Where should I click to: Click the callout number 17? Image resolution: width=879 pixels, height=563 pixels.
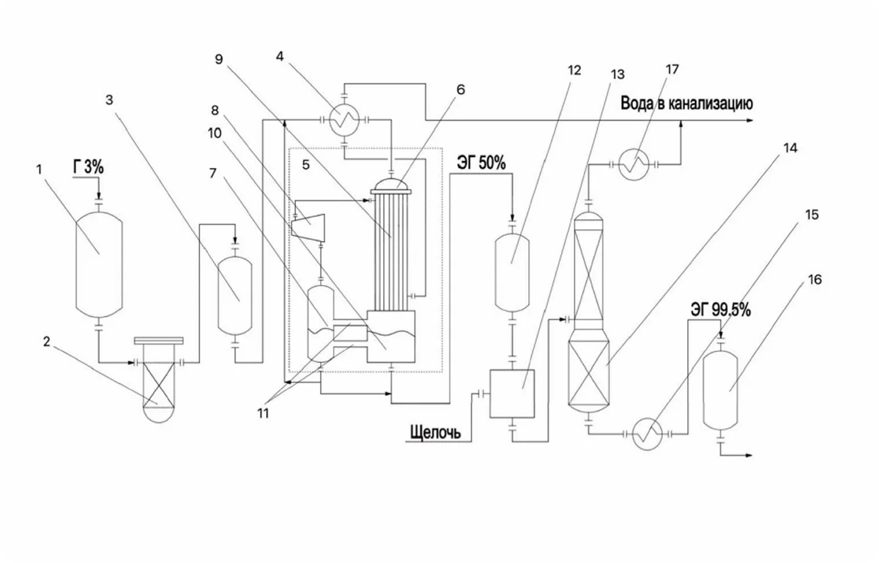pos(672,70)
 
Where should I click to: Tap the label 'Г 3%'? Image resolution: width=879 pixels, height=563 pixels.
pos(89,167)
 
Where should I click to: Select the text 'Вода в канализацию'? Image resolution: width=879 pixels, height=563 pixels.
pos(687,103)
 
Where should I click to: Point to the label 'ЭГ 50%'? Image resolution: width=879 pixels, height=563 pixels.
pos(481,163)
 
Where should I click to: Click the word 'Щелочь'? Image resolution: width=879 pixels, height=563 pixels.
pos(435,433)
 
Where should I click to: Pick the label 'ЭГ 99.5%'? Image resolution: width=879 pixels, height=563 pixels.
pos(721,310)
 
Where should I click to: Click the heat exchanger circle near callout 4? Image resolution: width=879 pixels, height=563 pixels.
pos(344,121)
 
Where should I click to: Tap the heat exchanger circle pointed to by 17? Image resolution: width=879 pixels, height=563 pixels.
pos(634,165)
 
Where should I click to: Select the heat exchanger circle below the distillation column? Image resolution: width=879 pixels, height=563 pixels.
pos(648,434)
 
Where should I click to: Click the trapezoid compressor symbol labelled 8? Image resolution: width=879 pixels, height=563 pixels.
pos(308,228)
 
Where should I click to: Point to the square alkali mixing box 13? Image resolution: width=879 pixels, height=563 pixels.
pos(512,394)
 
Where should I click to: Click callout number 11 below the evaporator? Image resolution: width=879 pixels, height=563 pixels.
pos(263,413)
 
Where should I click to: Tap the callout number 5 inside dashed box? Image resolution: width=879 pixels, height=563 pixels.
pos(305,165)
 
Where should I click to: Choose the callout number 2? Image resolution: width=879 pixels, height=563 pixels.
pos(47,342)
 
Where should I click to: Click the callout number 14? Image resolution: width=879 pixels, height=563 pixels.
pos(790,148)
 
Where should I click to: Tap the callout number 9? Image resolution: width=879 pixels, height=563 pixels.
pos(219,59)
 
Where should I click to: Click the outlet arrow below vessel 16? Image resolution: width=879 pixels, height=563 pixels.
pos(736,455)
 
